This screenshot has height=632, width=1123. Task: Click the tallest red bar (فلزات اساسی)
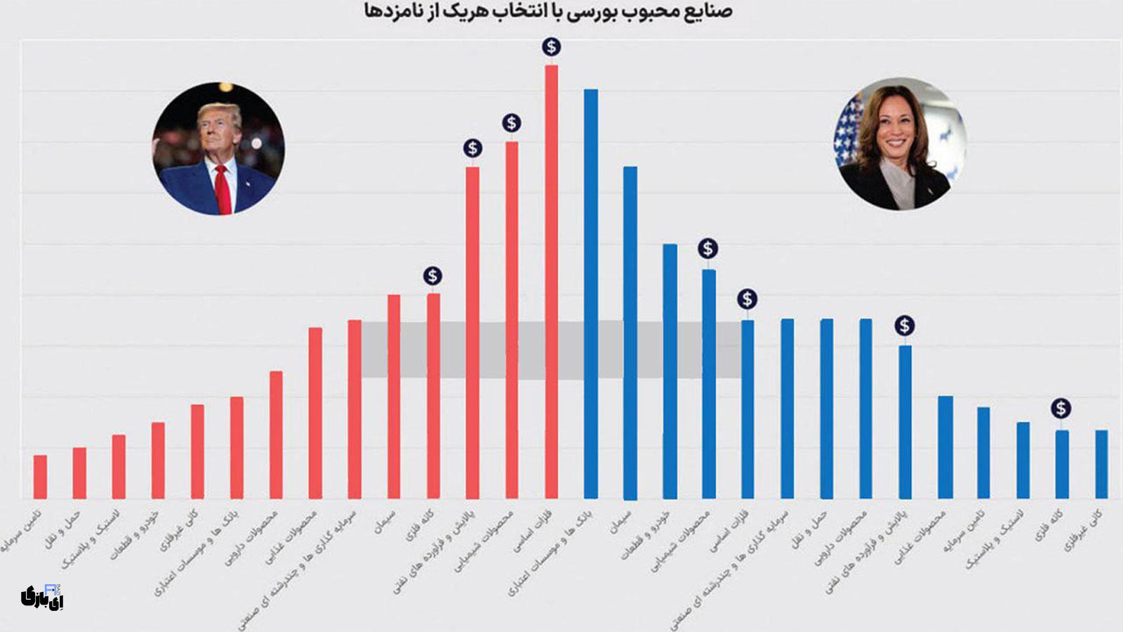[x=552, y=281]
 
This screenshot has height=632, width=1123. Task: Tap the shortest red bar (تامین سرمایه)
[x=41, y=477]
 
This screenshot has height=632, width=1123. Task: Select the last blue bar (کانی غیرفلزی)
[x=1101, y=464]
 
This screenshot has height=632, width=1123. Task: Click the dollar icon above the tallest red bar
[x=552, y=47]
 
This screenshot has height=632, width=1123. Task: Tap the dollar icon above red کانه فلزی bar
[x=432, y=275]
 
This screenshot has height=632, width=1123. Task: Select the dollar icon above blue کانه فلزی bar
[x=1061, y=408]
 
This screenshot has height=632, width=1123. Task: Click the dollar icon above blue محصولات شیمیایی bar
[x=707, y=248]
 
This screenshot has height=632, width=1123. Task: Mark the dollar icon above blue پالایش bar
[x=905, y=325]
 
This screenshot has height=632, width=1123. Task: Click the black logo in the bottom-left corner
[x=42, y=596]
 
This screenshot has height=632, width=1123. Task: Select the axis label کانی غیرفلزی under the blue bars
[x=1084, y=529]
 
